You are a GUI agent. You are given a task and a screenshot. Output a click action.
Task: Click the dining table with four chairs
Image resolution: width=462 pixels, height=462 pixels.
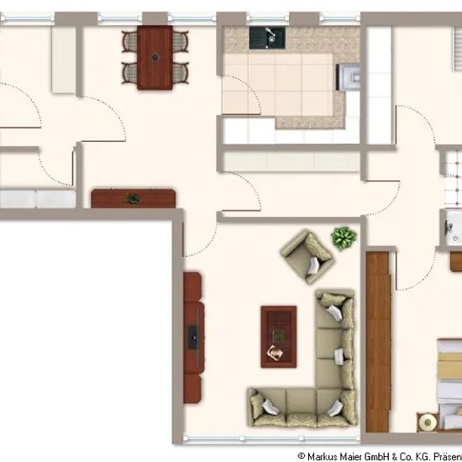155,58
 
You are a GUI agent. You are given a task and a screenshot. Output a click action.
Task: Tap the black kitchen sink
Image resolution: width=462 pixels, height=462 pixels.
267,38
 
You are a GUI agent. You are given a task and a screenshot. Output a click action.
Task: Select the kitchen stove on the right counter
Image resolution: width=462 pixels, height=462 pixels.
349,77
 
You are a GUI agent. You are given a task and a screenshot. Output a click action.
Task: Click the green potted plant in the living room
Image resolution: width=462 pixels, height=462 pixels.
344,238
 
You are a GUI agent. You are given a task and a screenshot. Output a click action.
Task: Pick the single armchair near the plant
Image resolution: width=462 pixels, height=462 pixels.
307,256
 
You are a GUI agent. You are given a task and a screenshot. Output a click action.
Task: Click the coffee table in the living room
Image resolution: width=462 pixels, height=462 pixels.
278,337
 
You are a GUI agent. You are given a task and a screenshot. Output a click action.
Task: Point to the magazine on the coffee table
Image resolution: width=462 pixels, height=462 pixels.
275,353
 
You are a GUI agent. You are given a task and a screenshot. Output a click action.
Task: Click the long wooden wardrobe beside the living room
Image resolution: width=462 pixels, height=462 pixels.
378,342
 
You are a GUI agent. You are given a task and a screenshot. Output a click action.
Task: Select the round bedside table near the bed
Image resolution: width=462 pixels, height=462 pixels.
427,423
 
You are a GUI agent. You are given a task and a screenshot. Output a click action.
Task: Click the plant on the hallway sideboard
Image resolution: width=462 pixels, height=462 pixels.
133,199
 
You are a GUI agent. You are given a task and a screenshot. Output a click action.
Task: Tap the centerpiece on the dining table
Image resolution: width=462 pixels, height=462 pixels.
155,57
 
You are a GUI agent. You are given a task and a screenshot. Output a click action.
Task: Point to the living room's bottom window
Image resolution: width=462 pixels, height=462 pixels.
271,438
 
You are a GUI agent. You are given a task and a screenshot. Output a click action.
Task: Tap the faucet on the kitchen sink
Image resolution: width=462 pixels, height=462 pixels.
270,33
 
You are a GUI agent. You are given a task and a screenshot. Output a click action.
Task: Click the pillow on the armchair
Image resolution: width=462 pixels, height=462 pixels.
313,265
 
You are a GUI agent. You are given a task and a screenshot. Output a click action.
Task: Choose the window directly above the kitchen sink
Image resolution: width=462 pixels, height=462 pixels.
267,18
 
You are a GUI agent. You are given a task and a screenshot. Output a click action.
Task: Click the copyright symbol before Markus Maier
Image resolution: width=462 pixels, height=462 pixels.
302,456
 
